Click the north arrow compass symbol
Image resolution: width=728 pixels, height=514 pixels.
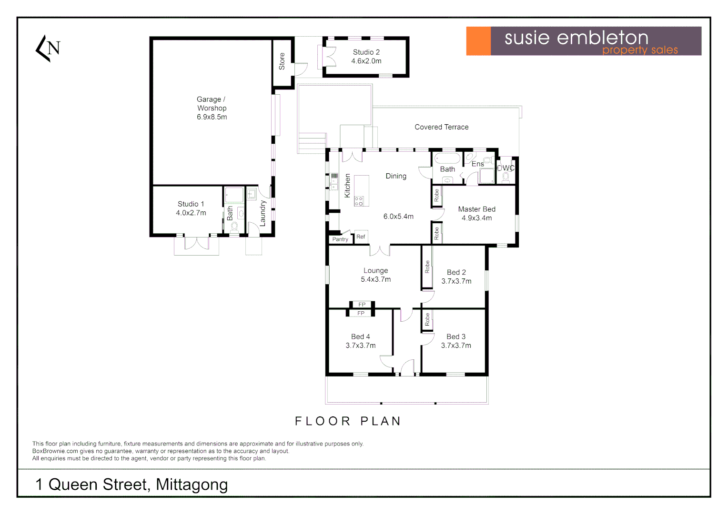point(48,48)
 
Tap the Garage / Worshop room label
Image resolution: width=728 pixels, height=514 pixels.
point(212,104)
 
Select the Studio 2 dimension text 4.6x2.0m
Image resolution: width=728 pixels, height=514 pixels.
point(366,61)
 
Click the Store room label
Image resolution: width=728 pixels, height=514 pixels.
point(282,61)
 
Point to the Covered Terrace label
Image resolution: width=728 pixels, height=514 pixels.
point(441,127)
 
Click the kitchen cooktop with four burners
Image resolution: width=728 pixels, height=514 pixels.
point(359,201)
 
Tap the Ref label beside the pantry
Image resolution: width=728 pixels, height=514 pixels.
point(361,237)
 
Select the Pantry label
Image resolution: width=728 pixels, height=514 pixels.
point(340,239)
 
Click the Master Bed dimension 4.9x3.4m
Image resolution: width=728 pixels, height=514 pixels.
point(476,218)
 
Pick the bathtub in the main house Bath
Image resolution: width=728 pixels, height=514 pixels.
point(447,158)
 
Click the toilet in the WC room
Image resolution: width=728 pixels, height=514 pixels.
point(506,177)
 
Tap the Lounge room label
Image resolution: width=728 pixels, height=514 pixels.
point(375,270)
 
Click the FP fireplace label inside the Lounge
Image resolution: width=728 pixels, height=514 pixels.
point(362,305)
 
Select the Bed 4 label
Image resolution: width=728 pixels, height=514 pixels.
point(360,336)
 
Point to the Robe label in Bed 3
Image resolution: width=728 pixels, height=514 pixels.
point(427,319)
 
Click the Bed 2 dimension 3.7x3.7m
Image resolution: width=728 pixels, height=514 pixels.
point(456,281)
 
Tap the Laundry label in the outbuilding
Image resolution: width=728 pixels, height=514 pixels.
point(263,213)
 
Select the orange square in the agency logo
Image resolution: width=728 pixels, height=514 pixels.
point(478,41)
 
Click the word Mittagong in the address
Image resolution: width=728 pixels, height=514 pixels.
point(192,484)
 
